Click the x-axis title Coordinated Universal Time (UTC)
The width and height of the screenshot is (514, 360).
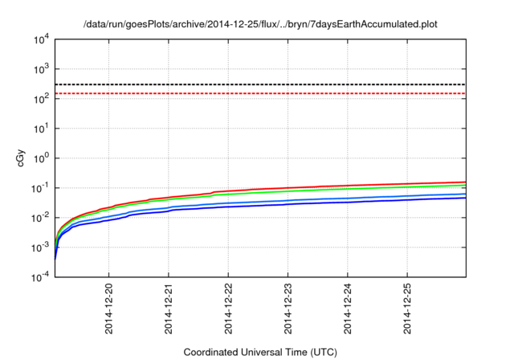[x=261, y=352]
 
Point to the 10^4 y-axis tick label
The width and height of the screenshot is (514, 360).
[x=41, y=39]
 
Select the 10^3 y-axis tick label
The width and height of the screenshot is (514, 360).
[x=41, y=69]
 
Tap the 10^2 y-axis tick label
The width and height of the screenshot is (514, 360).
[x=41, y=99]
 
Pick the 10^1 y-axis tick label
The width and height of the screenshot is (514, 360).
[x=41, y=129]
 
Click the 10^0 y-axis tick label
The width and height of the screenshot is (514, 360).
[x=41, y=158]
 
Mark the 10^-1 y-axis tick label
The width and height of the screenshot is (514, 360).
[x=39, y=188]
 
